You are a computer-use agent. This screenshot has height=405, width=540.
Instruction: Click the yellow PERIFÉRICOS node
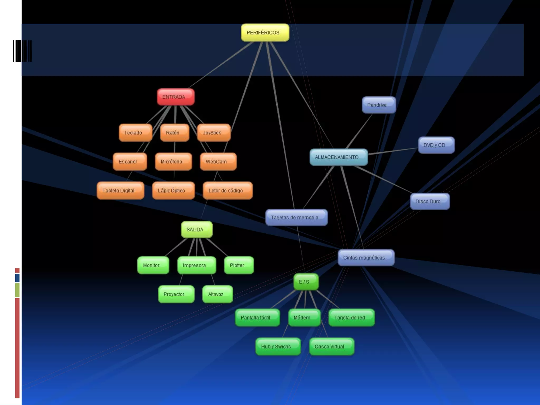(x=265, y=33)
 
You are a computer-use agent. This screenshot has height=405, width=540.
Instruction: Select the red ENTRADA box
(x=176, y=97)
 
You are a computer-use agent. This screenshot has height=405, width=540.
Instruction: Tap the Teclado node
(x=135, y=133)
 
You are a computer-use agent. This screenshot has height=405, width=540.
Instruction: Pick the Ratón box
(x=175, y=133)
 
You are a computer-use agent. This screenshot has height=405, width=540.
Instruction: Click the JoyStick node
(x=214, y=133)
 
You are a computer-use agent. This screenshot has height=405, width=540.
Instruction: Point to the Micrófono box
(x=173, y=162)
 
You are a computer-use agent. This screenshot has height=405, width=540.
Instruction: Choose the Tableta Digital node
(x=120, y=191)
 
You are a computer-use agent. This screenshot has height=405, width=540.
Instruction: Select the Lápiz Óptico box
(x=173, y=191)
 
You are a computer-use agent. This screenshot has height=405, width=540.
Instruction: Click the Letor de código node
(x=228, y=191)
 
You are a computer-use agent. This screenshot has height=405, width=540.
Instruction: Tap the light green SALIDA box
(x=197, y=230)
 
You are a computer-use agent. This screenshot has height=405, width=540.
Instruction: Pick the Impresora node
(x=196, y=266)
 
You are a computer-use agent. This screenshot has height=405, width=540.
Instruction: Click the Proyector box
(x=176, y=294)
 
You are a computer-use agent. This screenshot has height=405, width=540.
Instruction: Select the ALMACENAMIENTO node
(x=339, y=157)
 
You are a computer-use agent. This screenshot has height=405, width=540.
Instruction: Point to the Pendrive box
(x=379, y=105)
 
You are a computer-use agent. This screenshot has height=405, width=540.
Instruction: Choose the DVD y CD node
(x=436, y=145)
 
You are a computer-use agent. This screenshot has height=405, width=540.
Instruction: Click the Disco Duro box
(x=430, y=201)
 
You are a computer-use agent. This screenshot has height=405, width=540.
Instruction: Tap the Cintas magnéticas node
(x=366, y=258)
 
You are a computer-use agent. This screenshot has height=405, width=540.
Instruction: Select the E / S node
(x=306, y=282)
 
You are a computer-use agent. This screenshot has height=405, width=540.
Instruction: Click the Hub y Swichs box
(x=278, y=347)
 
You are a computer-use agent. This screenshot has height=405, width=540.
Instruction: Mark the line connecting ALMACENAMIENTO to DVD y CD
(x=393, y=151)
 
